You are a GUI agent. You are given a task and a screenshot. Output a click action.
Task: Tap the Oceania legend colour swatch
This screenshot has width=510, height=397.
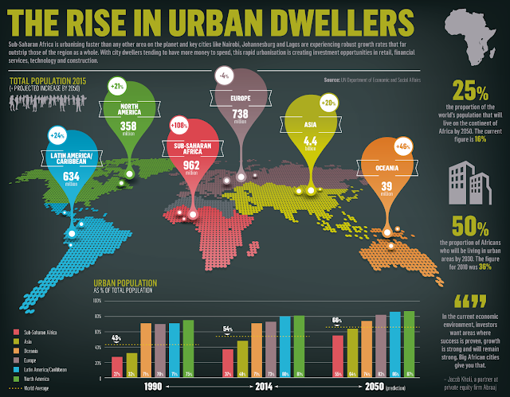(x=17, y=328)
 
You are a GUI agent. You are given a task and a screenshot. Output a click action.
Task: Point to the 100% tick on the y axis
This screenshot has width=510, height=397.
(x=97, y=279)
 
